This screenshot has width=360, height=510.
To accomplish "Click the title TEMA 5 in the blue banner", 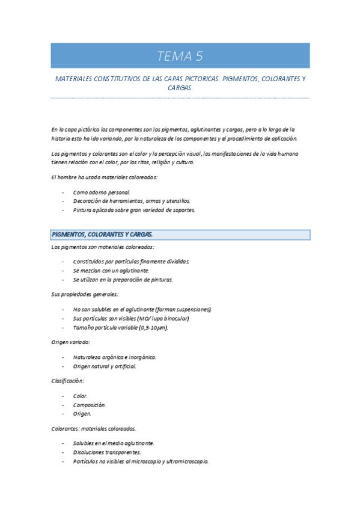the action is (x=180, y=57).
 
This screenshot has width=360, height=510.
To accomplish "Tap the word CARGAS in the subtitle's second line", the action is (x=180, y=88).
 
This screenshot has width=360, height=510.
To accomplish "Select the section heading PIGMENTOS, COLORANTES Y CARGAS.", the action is (x=102, y=235).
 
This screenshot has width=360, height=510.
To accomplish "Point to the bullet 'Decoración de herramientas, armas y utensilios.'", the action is (x=131, y=201).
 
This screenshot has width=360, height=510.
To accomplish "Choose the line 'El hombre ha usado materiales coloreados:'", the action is (x=104, y=177).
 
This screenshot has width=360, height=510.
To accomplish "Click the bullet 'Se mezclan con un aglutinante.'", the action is (x=111, y=271).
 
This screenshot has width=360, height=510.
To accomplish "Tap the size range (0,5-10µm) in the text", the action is (x=153, y=327).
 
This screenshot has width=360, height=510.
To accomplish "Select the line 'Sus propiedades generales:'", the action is (x=85, y=294).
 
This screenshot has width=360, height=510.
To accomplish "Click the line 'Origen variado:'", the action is (x=71, y=342).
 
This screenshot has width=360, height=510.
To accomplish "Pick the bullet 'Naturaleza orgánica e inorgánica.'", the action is (x=114, y=357).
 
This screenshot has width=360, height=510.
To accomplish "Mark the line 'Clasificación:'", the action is (x=68, y=381).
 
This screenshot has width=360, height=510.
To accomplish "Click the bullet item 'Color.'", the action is (x=81, y=396).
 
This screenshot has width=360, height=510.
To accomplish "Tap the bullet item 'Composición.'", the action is (x=89, y=405).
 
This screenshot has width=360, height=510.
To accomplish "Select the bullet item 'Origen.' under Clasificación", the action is (x=82, y=414).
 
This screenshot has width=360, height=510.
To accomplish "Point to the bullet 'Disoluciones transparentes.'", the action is (x=106, y=452).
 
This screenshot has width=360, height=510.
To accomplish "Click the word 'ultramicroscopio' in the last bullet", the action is (x=185, y=461).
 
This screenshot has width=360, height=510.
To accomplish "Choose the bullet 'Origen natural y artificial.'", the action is (x=105, y=366).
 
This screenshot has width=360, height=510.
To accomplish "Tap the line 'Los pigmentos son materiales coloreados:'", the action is (x=103, y=247).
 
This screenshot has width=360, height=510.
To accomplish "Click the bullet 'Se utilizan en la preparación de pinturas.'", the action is (x=123, y=280).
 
